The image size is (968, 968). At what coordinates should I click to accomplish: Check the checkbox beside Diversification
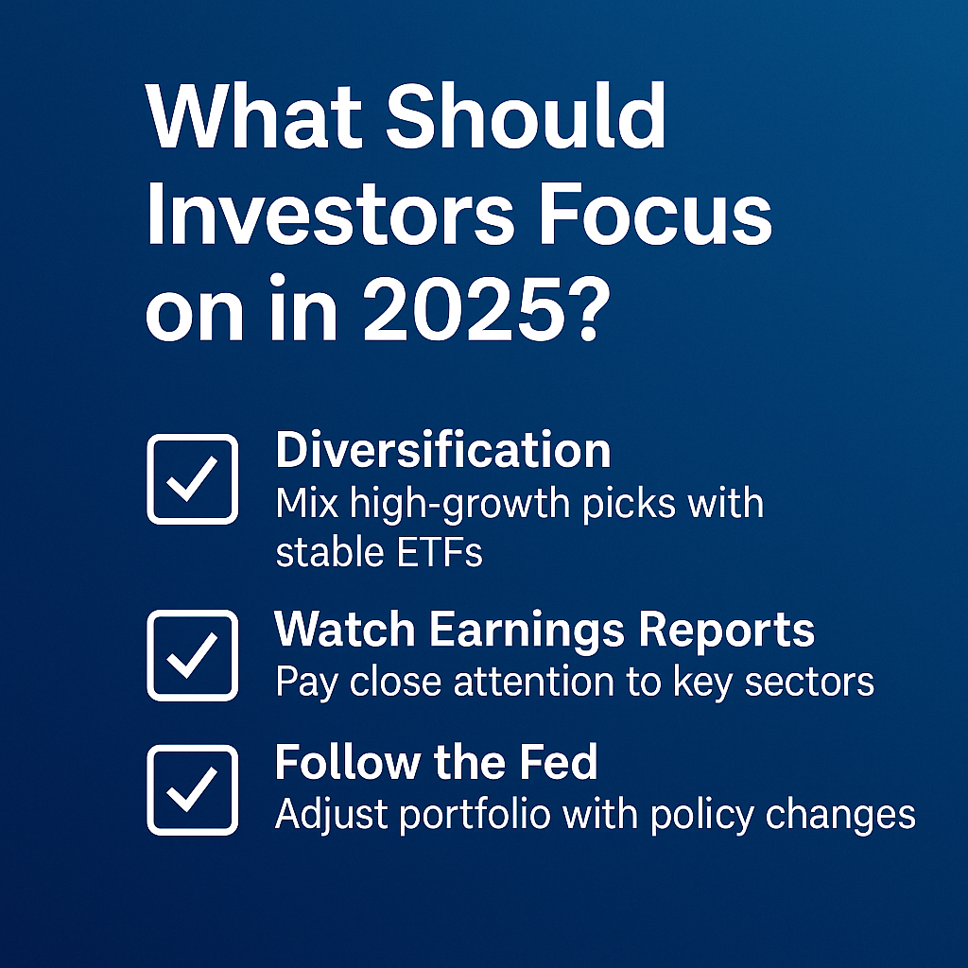[193, 479]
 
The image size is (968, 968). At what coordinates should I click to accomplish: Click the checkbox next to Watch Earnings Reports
[193, 655]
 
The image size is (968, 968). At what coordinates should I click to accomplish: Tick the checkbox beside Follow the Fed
[193, 789]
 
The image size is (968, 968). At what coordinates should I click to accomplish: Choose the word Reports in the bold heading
[727, 631]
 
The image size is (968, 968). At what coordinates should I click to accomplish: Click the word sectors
[809, 683]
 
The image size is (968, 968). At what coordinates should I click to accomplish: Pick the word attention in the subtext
[533, 683]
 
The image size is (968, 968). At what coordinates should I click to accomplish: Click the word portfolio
[475, 815]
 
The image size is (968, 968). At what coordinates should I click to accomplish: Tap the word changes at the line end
[840, 816]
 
